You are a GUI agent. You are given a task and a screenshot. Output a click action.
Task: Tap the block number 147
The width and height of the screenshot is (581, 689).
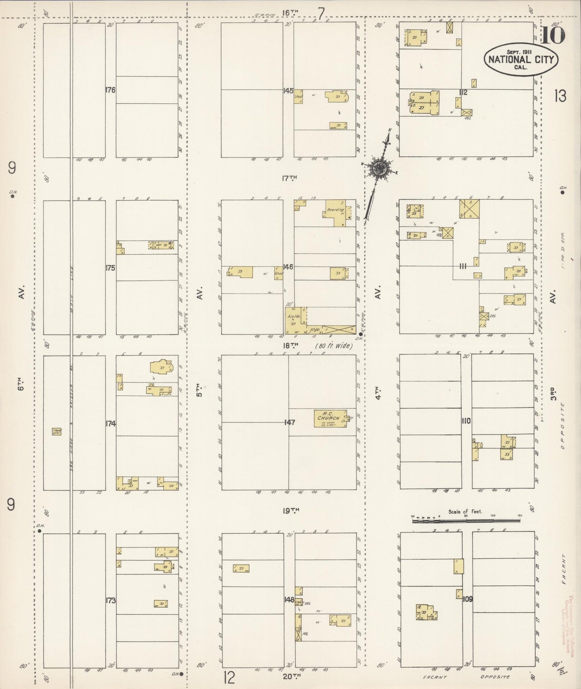[289, 422]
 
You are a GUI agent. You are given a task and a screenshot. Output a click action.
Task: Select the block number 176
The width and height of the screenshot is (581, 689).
[110, 90]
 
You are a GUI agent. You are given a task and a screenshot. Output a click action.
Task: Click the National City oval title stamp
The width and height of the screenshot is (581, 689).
[521, 59]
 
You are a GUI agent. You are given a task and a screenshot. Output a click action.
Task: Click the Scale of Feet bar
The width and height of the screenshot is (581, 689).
[466, 521]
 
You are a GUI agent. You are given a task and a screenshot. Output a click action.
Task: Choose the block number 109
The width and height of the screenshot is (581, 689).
[468, 599]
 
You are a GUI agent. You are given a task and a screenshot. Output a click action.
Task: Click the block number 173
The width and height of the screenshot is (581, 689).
[110, 601]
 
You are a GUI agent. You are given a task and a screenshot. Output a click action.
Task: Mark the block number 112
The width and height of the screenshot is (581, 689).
[463, 92]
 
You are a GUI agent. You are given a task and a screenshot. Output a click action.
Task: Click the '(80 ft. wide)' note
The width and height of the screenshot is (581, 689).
[334, 346]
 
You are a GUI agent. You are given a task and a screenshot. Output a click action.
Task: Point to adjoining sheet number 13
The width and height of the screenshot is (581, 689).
[560, 96]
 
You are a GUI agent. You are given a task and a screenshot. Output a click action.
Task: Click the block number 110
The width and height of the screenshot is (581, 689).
[466, 421]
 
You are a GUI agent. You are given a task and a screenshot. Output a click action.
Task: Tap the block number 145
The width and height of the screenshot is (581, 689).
[288, 91]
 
